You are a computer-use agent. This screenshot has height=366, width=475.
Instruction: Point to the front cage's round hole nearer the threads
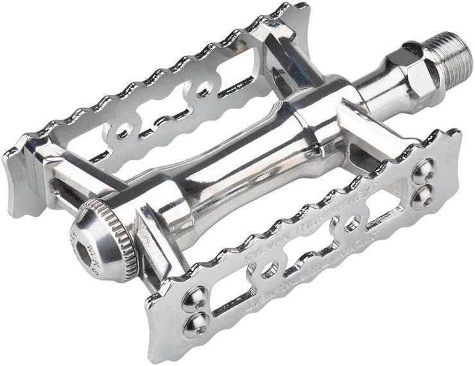[x=350, y=225]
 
